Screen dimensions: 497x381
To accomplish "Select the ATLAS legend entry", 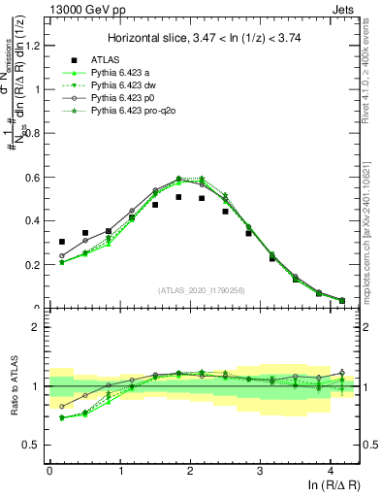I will [107, 60].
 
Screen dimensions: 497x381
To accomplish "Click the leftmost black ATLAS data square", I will [62, 242].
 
